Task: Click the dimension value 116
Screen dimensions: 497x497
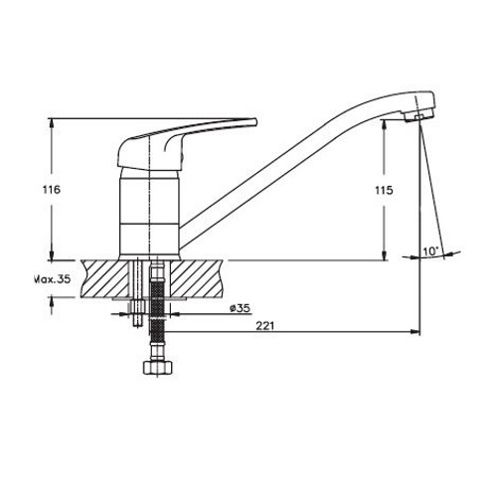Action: (x=52, y=190)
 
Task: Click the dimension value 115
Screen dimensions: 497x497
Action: (x=384, y=191)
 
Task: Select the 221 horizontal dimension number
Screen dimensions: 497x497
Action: (x=265, y=326)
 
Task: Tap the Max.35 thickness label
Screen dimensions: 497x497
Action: (x=53, y=279)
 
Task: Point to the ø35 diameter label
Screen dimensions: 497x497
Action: (x=241, y=308)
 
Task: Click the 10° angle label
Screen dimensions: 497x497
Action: (x=430, y=251)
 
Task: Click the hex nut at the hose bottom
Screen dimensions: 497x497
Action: (x=157, y=367)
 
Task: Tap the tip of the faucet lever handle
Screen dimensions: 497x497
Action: (x=255, y=122)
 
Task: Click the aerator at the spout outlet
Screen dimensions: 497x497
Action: (x=418, y=116)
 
